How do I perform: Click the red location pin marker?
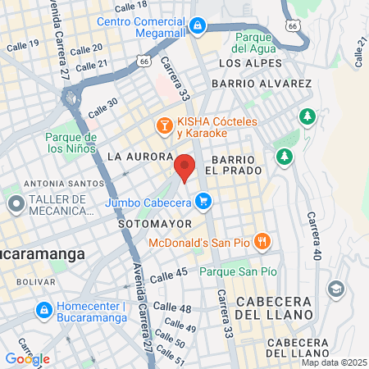[185, 167]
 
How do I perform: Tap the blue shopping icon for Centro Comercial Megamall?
[198, 26]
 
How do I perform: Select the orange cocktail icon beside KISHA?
[165, 125]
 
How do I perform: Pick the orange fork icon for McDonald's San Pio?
[262, 241]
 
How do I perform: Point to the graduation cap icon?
[335, 289]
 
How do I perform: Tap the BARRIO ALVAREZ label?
[261, 84]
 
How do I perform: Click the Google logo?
[27, 358]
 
